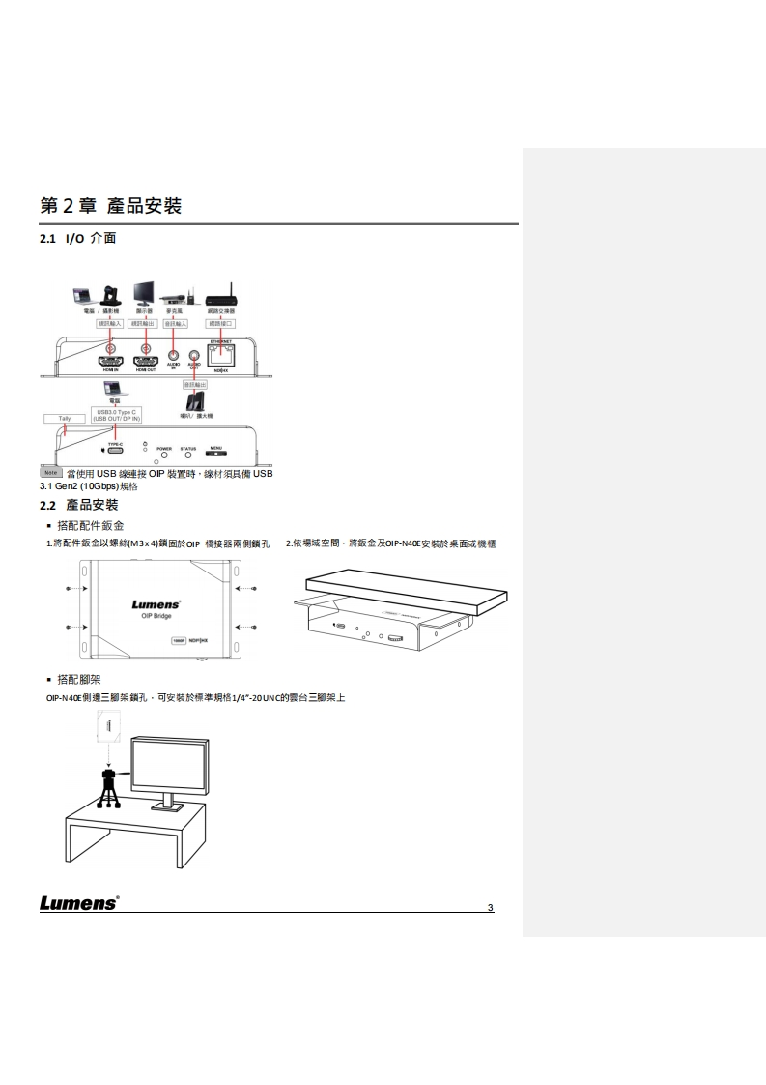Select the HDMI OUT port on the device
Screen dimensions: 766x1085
click(146, 361)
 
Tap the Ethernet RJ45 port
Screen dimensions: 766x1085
click(219, 353)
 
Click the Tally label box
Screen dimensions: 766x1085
click(65, 419)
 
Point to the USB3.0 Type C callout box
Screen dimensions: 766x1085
click(115, 415)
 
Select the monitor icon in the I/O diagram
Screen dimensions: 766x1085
click(144, 292)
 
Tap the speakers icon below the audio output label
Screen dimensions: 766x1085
click(196, 401)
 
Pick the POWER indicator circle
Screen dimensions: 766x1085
click(164, 455)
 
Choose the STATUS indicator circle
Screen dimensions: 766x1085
click(188, 455)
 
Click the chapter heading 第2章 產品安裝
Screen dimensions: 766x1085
click(111, 205)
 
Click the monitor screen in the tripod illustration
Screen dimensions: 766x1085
click(170, 764)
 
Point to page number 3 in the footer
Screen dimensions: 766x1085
click(491, 907)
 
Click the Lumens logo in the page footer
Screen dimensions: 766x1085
click(78, 903)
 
